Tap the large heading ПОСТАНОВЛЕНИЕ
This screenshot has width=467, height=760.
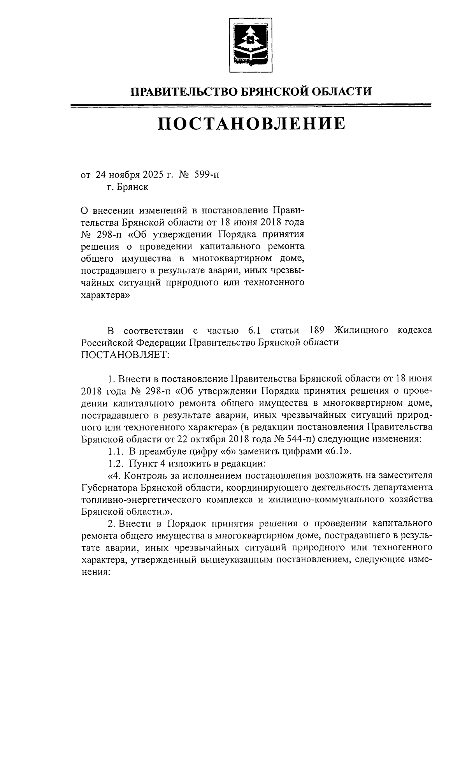point(251,124)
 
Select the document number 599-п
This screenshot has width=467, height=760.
point(206,175)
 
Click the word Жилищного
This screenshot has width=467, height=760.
point(361,331)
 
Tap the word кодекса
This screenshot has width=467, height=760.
point(415,331)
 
